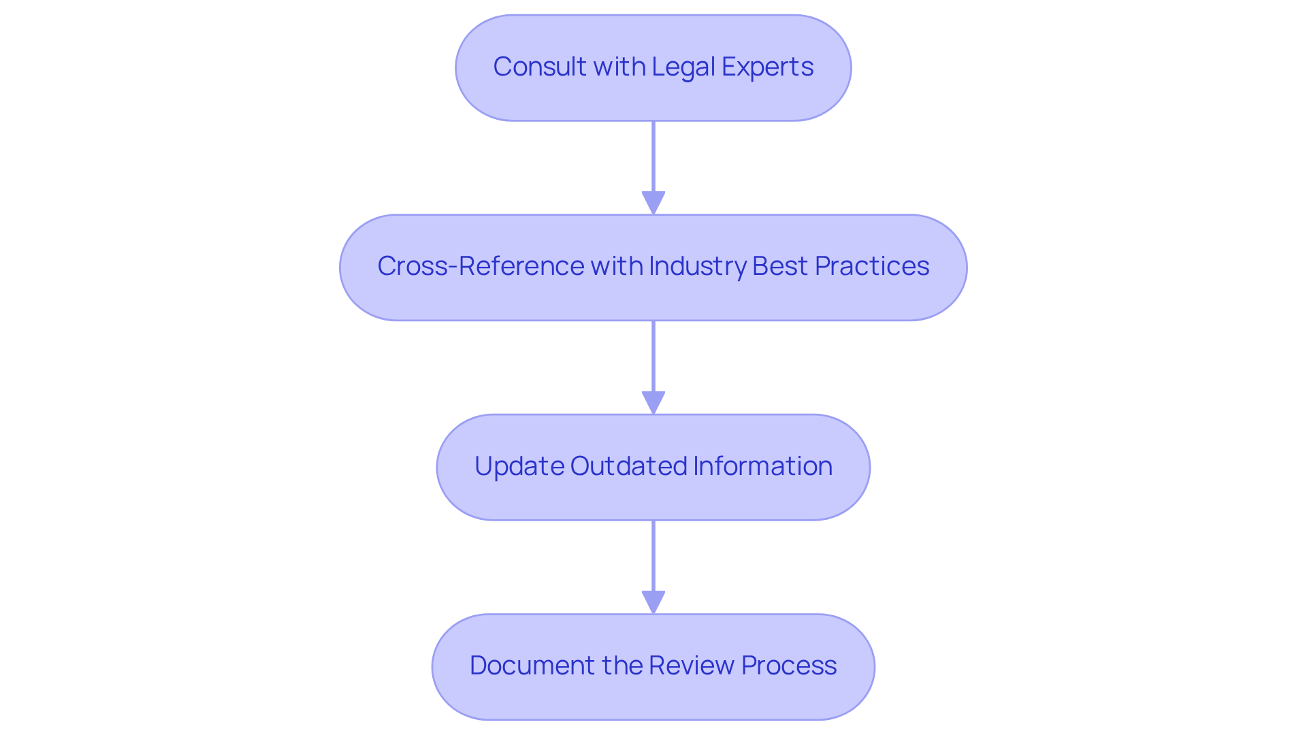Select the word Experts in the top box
click(x=767, y=67)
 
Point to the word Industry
click(x=698, y=266)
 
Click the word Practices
click(x=871, y=266)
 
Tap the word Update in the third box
click(x=519, y=466)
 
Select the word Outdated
click(x=628, y=466)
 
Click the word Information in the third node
click(x=762, y=466)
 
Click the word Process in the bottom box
click(x=788, y=666)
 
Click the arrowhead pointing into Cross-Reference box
click(x=653, y=203)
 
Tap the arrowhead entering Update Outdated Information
click(x=653, y=402)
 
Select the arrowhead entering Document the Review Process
click(x=653, y=602)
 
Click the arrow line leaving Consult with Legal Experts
click(x=653, y=157)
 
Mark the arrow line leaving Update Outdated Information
click(x=653, y=555)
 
